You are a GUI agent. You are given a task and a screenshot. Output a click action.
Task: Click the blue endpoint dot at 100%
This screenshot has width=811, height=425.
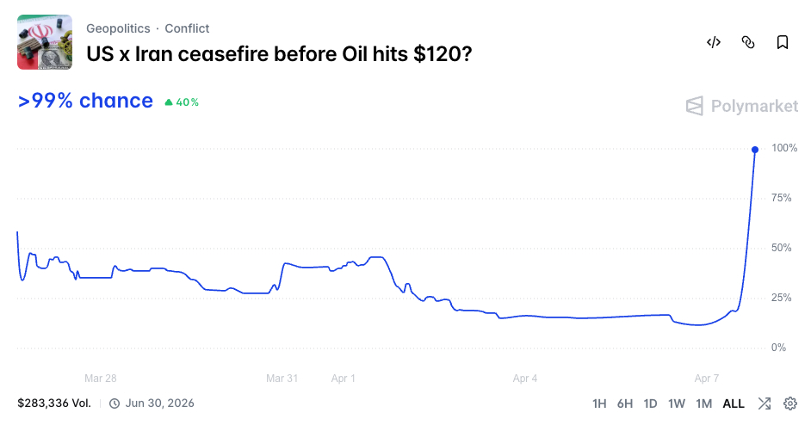[x=755, y=150]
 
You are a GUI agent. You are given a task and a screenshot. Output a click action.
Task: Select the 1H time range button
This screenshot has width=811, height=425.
[x=599, y=403]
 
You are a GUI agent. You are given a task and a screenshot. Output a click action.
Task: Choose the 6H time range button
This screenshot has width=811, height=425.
[x=625, y=403]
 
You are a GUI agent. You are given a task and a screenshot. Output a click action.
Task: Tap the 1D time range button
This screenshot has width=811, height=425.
[x=651, y=403]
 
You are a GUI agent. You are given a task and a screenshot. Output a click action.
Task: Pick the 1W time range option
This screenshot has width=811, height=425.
[x=677, y=403]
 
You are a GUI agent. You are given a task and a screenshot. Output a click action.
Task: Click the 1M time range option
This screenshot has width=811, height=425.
[x=703, y=403]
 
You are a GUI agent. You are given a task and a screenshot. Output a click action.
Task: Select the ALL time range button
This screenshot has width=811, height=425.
[x=734, y=403]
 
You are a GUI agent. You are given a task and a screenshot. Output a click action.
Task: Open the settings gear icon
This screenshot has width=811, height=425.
[x=789, y=403]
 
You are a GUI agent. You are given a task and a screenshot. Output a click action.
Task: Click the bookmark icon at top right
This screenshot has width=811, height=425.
[x=782, y=42]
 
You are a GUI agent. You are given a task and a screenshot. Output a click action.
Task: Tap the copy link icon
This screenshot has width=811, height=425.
[x=748, y=42]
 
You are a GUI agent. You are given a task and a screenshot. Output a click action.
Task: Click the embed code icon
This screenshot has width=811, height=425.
[x=713, y=42]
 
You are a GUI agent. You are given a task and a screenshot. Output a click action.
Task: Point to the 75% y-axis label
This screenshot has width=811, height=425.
[x=783, y=198]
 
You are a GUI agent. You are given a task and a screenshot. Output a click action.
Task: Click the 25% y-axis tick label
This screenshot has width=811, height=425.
[x=783, y=298]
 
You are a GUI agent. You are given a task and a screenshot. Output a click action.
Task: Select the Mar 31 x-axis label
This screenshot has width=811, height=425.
[x=282, y=379]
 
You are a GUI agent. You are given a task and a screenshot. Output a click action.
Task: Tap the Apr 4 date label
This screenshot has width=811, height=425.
[x=525, y=379]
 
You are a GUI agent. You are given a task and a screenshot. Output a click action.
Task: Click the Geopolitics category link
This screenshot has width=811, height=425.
[x=118, y=28]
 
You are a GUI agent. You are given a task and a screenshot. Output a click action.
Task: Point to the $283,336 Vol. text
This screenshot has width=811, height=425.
[x=54, y=403]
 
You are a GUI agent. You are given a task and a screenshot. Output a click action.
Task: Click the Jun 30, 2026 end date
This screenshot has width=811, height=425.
[x=159, y=403]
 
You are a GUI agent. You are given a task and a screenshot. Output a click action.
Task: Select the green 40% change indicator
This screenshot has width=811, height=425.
[x=182, y=102]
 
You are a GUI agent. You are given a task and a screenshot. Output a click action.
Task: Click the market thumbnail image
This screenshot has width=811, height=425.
[x=45, y=42]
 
